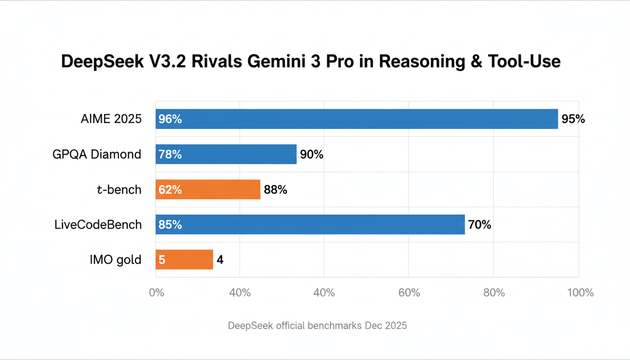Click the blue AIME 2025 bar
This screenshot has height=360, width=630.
[x=356, y=119]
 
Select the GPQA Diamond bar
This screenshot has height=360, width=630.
[x=226, y=154]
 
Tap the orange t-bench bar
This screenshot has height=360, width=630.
[x=208, y=189]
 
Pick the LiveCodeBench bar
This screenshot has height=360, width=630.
[x=310, y=225]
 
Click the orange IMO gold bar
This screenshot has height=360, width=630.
[x=184, y=260]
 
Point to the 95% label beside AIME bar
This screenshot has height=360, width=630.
[x=573, y=119]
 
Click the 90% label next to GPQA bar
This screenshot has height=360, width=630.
[x=312, y=154]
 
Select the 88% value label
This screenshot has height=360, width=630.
[x=275, y=189]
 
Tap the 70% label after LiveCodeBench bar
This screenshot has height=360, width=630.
[x=480, y=225]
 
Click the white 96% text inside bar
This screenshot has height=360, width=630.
[x=170, y=119]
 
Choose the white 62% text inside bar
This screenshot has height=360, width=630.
[x=170, y=189]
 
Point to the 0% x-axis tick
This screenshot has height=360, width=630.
[x=157, y=293]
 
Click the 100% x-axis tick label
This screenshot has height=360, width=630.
[x=580, y=293]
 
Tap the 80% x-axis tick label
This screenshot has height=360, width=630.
[x=494, y=293]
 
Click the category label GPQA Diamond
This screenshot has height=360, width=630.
[x=97, y=154]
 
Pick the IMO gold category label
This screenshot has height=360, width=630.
[x=115, y=260]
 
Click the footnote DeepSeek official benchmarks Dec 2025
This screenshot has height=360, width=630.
[x=317, y=325]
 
